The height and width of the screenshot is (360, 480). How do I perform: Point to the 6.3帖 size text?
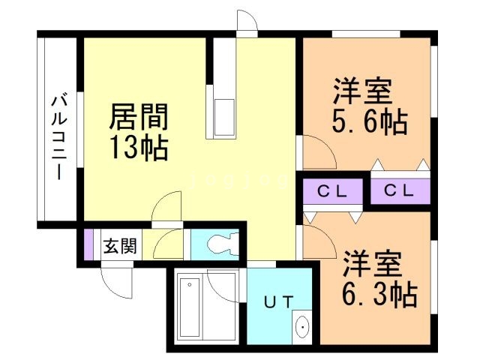(380, 295)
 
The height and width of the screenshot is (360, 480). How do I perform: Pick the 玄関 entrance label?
(120, 246)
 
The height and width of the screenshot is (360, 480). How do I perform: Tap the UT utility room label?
(280, 303)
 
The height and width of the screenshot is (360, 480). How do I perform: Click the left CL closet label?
(331, 191)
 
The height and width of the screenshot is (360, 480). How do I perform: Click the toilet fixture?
(221, 244)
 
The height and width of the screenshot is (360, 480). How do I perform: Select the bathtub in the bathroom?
(188, 308)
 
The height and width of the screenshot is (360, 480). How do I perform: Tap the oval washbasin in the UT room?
(302, 328)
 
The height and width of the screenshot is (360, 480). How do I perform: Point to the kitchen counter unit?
(223, 116)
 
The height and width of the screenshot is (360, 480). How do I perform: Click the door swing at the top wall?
(247, 22)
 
